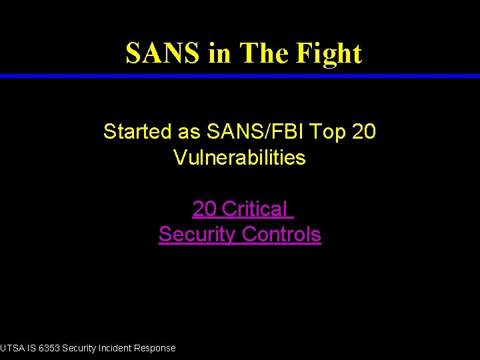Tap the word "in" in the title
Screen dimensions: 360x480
pos(219,53)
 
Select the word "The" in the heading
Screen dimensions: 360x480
pos(263,53)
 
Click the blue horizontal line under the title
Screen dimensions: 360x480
pos(240,76)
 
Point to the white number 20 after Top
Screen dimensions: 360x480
pos(363,132)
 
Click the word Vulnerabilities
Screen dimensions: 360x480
pos(239,158)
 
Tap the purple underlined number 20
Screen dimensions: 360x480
pos(204,209)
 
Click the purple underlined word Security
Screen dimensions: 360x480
pos(197,235)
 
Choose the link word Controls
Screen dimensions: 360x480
pos(281,235)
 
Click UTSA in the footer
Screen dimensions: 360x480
pos(11,348)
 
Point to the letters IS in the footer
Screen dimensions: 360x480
pos(31,348)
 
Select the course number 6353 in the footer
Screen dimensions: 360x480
pos(49,348)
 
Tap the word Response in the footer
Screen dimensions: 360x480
pos(155,348)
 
